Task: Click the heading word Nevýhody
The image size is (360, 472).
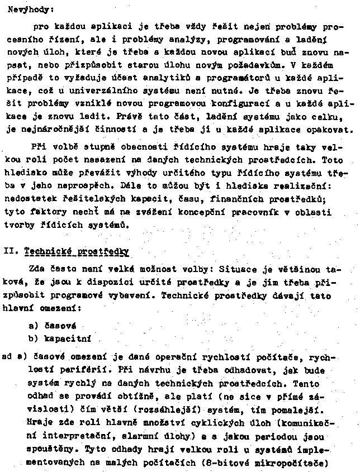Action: point(28,9)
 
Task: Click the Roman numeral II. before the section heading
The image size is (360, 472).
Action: point(13,252)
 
